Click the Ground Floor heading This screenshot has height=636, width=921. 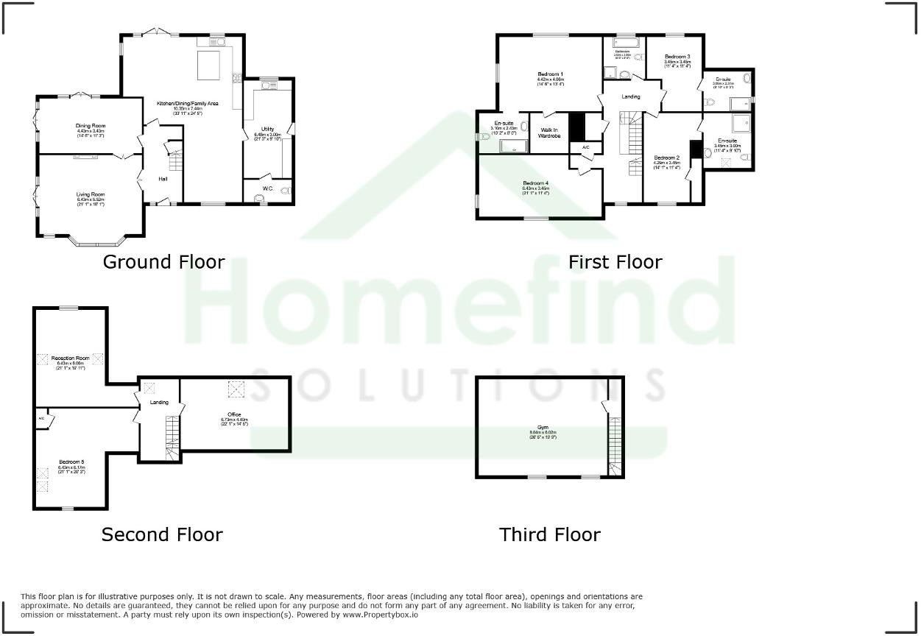point(163,262)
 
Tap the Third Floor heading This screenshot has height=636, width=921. point(550,534)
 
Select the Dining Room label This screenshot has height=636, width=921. point(91,126)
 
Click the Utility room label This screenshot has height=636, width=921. point(267,130)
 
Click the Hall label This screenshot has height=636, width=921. point(163,179)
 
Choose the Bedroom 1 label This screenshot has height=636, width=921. point(550,74)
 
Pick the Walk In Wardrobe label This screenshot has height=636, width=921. point(549,133)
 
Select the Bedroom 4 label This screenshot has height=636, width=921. point(536,183)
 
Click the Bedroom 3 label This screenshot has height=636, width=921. point(677,57)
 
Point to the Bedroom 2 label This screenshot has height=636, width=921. point(666,158)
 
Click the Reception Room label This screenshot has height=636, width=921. point(71,358)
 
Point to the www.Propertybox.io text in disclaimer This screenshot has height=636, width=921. point(380,615)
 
